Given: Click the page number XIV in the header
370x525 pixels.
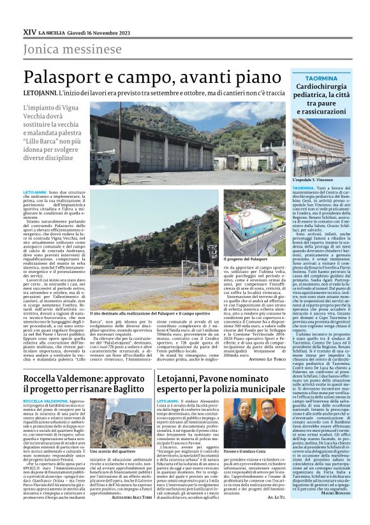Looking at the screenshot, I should tap(29, 30).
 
